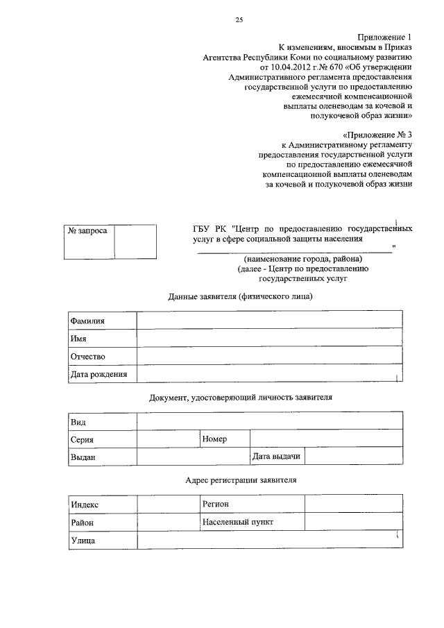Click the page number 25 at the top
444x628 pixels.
[239, 20]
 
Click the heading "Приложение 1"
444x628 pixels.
[385, 36]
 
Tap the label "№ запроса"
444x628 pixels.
[87, 230]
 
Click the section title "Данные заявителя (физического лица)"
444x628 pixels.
[240, 297]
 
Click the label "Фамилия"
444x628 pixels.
[87, 321]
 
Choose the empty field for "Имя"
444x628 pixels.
[270, 338]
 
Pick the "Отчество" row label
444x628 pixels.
[87, 356]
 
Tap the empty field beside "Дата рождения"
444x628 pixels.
[270, 374]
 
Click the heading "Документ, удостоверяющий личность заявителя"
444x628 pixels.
[241, 398]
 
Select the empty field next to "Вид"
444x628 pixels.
[270, 421]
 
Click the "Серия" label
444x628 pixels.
[83, 439]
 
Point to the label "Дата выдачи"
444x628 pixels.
[276, 457]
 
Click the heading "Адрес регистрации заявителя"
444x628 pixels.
[241, 480]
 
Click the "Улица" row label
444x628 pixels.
[83, 540]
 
